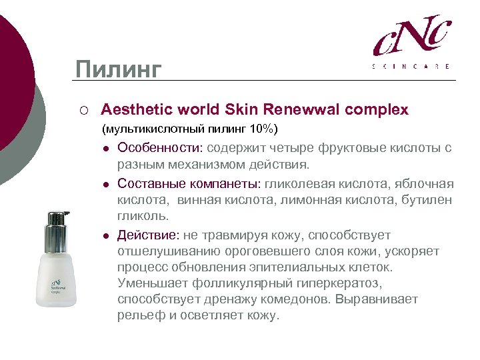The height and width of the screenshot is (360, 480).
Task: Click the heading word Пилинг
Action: [x=118, y=69]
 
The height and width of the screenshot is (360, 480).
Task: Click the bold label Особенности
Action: [x=160, y=147]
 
